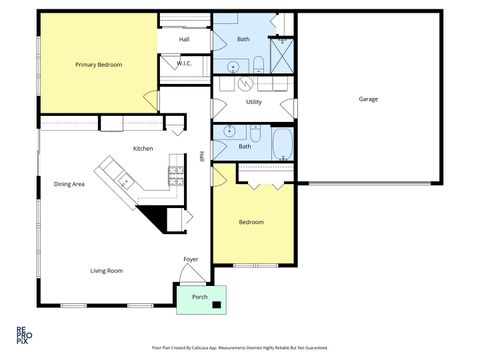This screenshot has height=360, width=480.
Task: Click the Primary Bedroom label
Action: [98, 65]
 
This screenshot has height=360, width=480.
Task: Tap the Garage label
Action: [369, 99]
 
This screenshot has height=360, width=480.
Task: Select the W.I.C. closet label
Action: [184, 64]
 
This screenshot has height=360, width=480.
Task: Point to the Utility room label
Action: [253, 102]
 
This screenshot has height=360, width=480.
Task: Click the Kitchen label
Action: [143, 149]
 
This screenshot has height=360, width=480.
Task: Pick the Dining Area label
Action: [69, 184]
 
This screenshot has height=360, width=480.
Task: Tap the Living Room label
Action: [106, 270]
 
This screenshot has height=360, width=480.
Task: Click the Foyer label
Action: [190, 260]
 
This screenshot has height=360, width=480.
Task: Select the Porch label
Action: [200, 297]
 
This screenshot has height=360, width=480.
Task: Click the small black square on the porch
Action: [215, 293]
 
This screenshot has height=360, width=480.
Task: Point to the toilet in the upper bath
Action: [258, 66]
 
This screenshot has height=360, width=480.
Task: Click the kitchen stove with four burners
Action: [176, 176]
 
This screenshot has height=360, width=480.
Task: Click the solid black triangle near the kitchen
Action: [156, 216]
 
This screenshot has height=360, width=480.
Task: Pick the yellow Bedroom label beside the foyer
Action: [250, 222]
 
